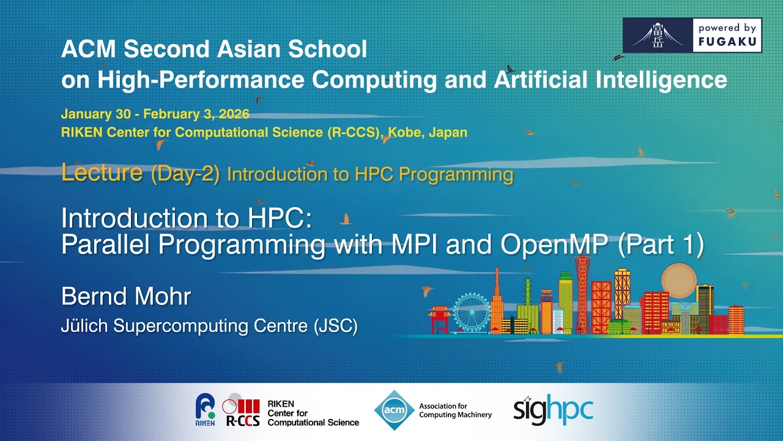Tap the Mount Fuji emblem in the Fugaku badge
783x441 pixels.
pyautogui.click(x=658, y=35)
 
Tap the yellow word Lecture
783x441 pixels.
pyautogui.click(x=102, y=173)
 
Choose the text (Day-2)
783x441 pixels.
pyautogui.click(x=185, y=175)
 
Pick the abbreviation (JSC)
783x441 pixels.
pyautogui.click(x=335, y=326)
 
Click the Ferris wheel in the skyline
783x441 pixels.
pyautogui.click(x=472, y=312)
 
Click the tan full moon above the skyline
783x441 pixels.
pyautogui.click(x=679, y=280)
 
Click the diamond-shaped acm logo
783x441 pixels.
pyautogui.click(x=394, y=410)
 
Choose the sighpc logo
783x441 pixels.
pyautogui.click(x=553, y=410)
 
